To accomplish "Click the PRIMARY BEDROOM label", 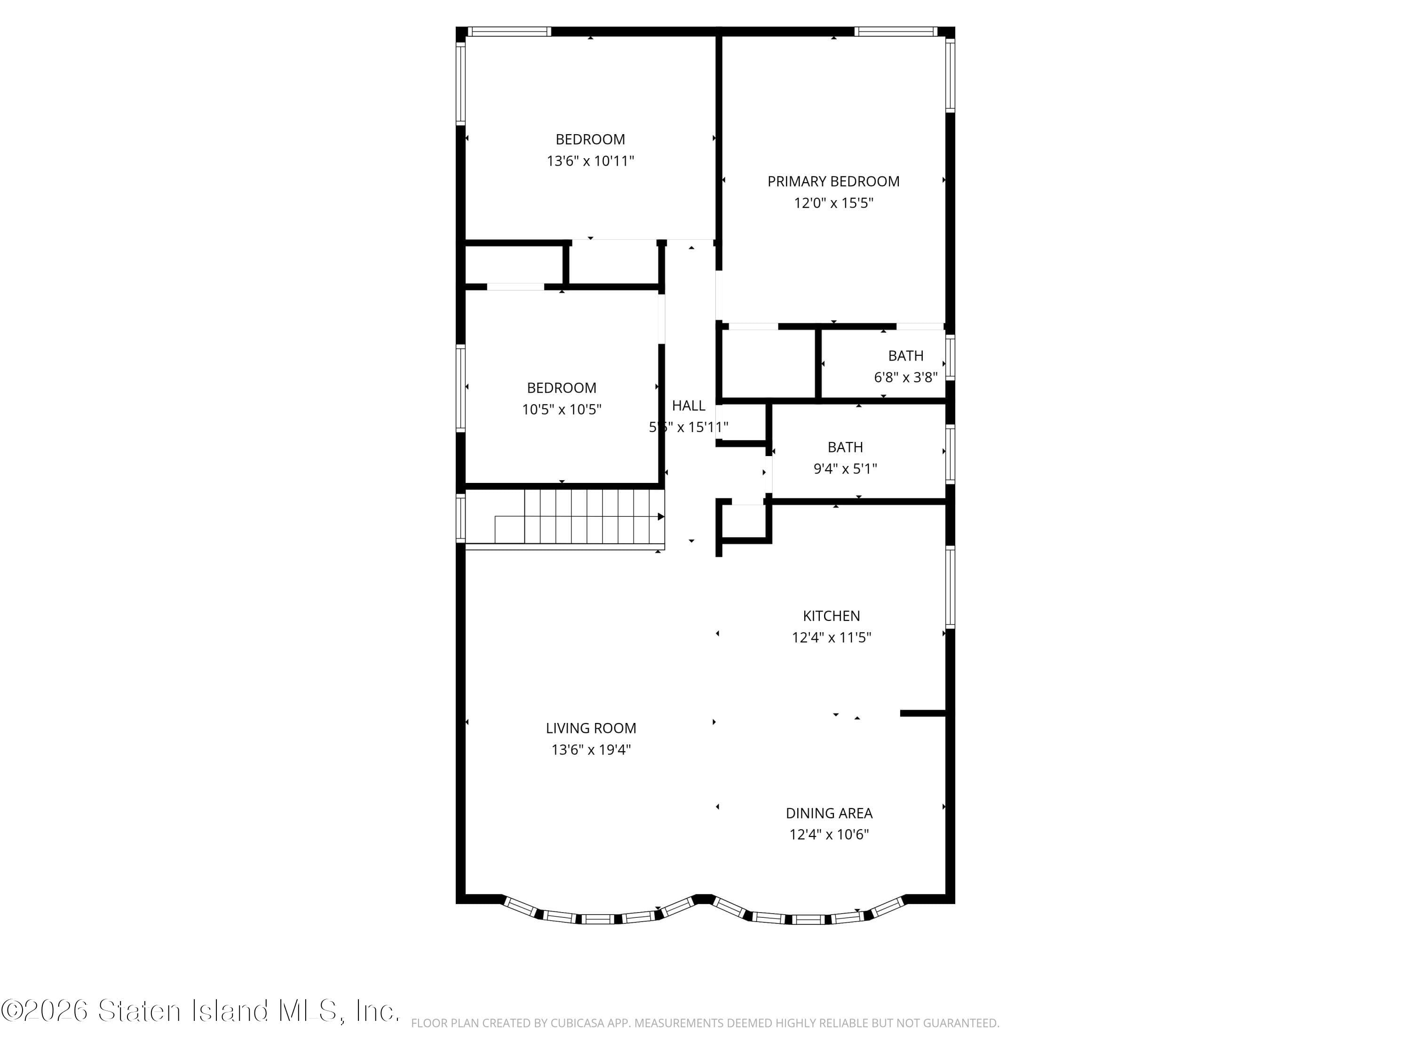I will click(x=833, y=181).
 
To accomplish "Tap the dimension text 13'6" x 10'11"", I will click(x=590, y=161).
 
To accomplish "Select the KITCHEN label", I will click(x=831, y=616).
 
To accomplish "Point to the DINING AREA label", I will click(x=829, y=813).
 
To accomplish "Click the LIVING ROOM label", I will click(x=591, y=728).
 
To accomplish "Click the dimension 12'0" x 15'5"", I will click(x=833, y=203).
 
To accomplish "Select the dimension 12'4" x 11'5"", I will click(x=831, y=638).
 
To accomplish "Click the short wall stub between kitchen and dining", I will click(x=922, y=713).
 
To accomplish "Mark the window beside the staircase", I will click(x=460, y=518).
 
